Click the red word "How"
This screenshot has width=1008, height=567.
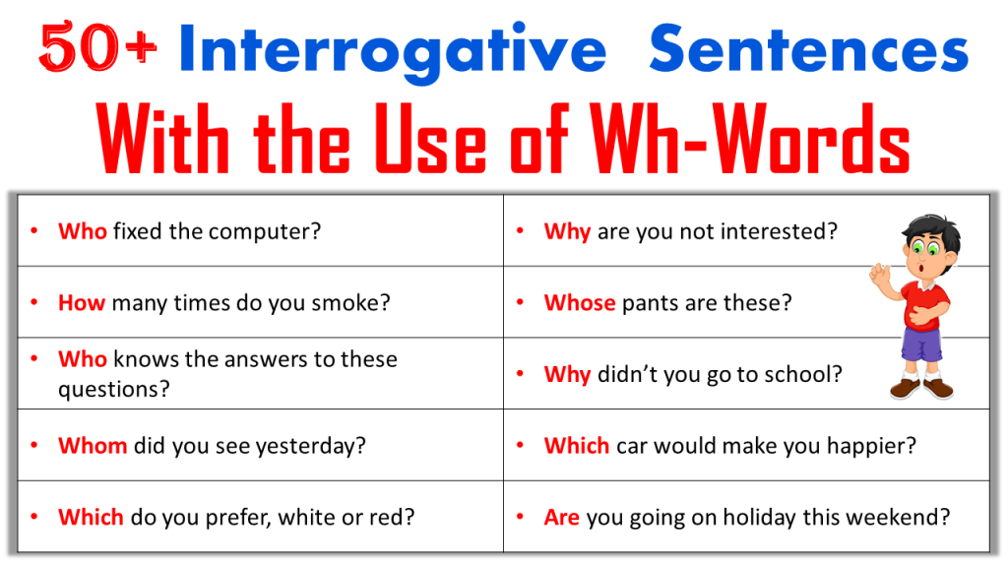pos(82,302)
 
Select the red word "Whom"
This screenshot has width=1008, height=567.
pos(93,445)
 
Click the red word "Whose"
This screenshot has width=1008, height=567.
pos(580,302)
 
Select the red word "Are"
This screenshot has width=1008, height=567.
pos(561,517)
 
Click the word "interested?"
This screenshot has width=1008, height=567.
pos(779,231)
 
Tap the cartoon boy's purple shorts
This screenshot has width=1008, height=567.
pos(921,344)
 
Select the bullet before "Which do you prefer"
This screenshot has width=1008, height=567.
pos(34,516)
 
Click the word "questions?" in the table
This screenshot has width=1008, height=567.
pos(113,389)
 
